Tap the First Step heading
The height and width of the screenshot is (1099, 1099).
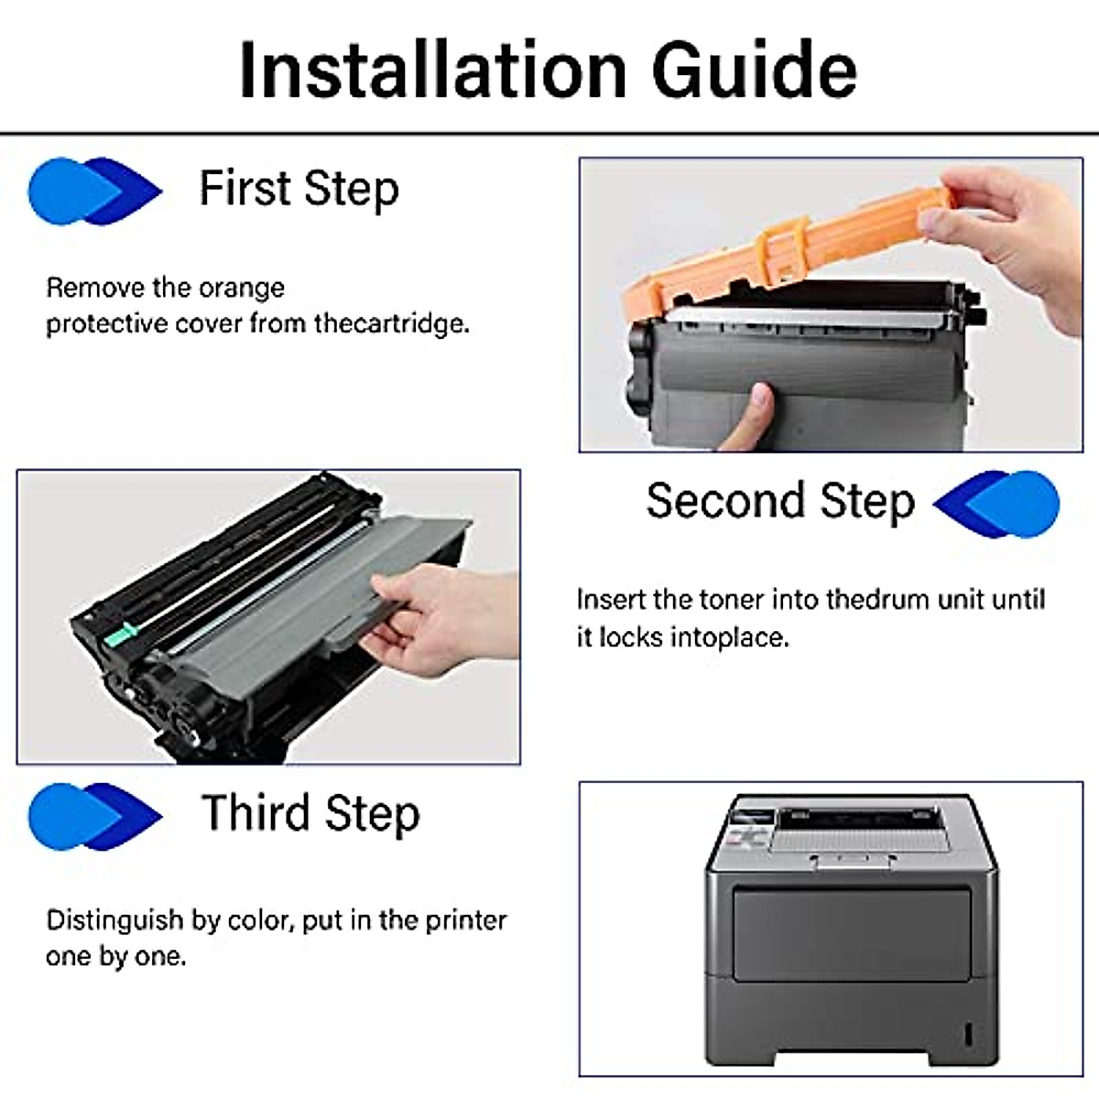(x=299, y=190)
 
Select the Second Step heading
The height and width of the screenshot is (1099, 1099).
(x=780, y=501)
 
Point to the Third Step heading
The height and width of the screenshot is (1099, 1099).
(x=310, y=813)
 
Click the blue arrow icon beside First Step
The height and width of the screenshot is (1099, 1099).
(x=94, y=190)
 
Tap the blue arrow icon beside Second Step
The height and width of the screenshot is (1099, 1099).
(x=997, y=503)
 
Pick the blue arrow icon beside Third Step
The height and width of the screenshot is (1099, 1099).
(x=94, y=815)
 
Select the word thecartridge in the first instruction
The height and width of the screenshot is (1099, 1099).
(x=391, y=323)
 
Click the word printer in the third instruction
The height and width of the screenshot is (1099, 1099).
(x=466, y=919)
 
